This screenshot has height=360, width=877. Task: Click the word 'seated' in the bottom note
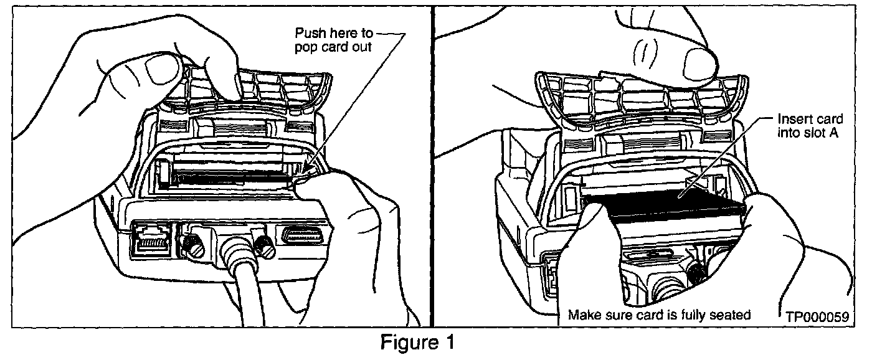(732, 315)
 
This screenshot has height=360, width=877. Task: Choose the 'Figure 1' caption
(418, 343)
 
